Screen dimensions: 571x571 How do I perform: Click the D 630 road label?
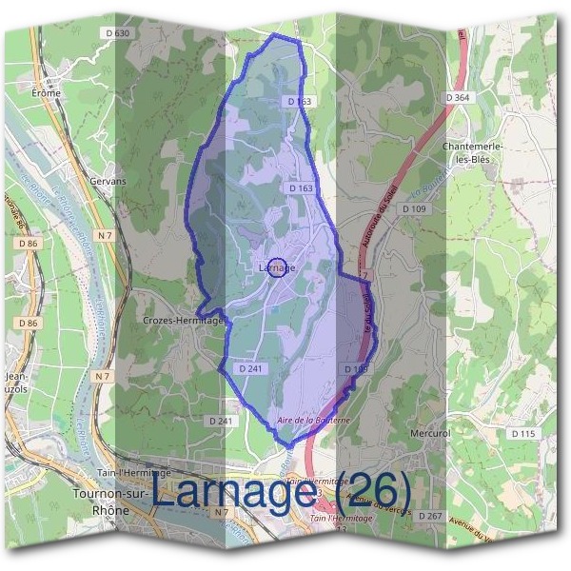[118, 32]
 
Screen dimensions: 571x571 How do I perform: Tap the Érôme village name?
[46, 93]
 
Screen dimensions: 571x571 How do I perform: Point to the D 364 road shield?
[457, 97]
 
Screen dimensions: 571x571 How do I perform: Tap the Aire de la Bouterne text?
[313, 420]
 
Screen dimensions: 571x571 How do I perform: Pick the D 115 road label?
[524, 433]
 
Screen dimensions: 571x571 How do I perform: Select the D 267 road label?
[430, 516]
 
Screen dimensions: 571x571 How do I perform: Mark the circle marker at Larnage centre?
[277, 267]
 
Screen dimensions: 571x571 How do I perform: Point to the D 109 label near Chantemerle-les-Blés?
[414, 208]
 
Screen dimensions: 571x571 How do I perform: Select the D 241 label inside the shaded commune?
[250, 368]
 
